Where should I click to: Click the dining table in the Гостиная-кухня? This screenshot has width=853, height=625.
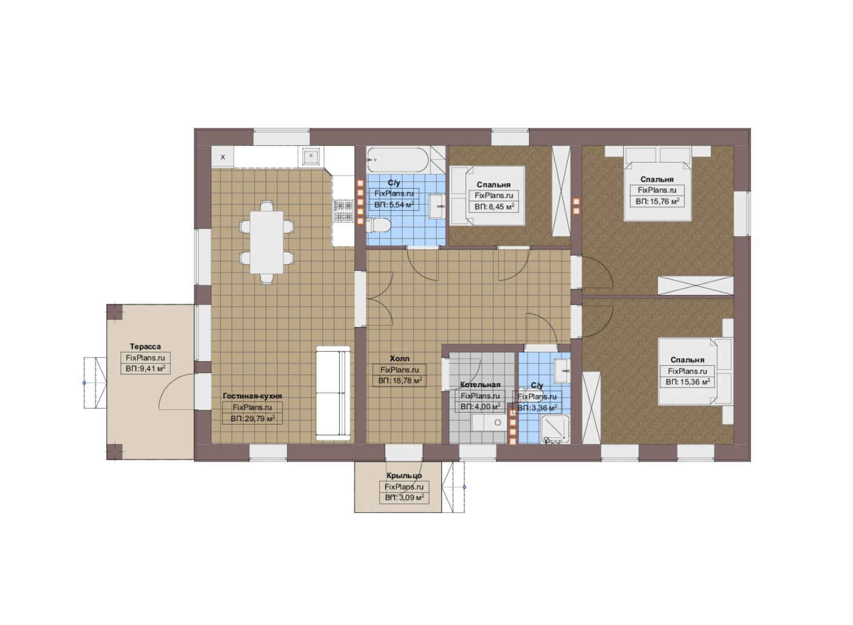(267, 242)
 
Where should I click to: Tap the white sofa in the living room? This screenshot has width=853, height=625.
(333, 393)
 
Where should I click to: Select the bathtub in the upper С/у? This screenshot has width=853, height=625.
(398, 160)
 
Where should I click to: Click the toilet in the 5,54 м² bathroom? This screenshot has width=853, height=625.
(378, 225)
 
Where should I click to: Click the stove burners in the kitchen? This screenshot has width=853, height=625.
(343, 212)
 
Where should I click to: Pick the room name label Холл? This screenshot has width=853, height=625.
(399, 358)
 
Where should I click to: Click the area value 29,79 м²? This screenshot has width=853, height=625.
(252, 418)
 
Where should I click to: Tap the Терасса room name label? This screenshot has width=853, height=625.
(145, 347)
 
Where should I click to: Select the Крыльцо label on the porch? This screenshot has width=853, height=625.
(404, 476)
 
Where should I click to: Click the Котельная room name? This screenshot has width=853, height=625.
(480, 385)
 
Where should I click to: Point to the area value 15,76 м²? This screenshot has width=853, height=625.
(657, 201)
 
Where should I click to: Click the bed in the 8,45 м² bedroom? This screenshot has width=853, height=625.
(487, 196)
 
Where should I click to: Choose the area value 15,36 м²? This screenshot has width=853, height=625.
(687, 382)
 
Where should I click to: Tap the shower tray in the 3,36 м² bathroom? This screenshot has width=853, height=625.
(556, 429)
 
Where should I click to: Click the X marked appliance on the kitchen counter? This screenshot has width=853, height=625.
(223, 156)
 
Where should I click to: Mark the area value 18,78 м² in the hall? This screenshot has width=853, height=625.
(400, 380)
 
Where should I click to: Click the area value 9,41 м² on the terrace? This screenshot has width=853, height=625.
(145, 369)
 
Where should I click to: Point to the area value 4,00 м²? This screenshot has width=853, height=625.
(480, 407)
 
